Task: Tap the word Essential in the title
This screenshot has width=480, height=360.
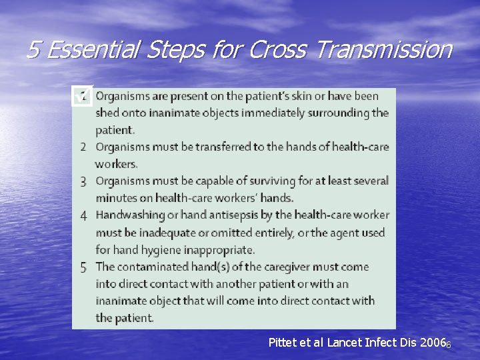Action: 91,49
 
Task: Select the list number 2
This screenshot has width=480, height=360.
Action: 83,147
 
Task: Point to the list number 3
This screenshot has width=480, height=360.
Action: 83,181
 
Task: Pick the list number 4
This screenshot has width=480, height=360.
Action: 83,215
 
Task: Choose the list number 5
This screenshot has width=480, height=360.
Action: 83,267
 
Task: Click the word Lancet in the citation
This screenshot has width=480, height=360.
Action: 348,343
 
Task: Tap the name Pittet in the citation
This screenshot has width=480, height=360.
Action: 283,343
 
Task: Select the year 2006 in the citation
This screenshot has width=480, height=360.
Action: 432,343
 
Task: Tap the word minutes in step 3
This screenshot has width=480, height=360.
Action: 115,198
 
